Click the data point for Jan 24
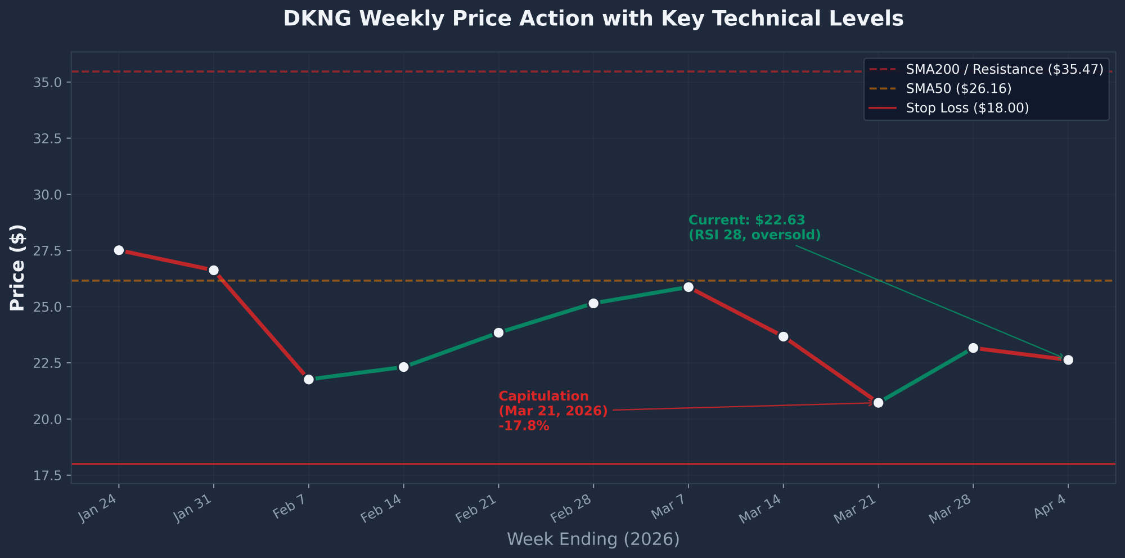(x=119, y=250)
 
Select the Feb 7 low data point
(x=309, y=379)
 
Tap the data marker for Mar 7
(x=688, y=287)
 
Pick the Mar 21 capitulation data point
(x=879, y=403)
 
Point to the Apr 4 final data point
(x=1068, y=360)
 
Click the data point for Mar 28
(x=973, y=348)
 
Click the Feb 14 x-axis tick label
(x=381, y=509)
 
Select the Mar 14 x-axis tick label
(x=760, y=509)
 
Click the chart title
(x=593, y=19)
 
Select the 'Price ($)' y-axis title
(x=17, y=267)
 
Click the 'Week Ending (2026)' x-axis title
(x=593, y=539)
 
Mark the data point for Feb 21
(x=498, y=333)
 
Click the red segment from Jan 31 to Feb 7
(x=261, y=325)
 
